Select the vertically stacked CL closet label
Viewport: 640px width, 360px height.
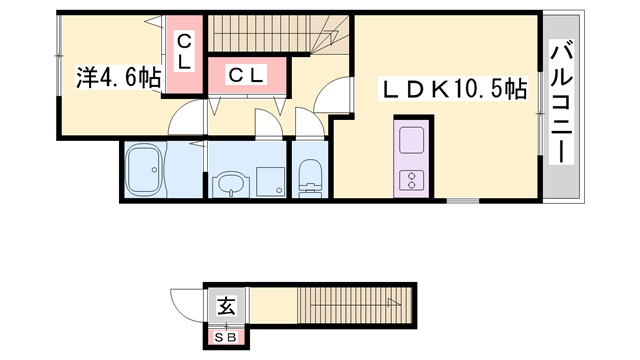(184, 52)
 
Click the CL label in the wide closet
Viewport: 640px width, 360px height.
(245, 74)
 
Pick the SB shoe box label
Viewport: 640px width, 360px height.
(226, 338)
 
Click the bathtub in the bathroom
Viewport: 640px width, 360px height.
(146, 172)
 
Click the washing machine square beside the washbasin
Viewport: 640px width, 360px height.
(269, 180)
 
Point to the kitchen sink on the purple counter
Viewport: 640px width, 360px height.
(412, 138)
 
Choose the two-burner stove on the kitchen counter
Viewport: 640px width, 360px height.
(412, 180)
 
